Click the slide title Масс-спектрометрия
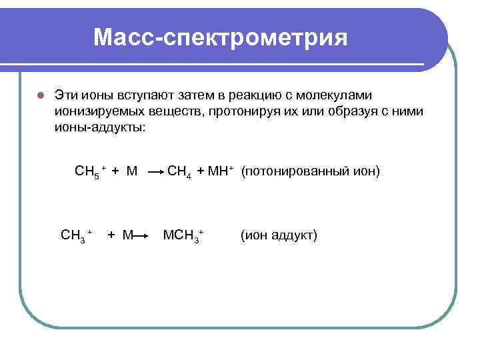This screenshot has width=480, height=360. point(221,37)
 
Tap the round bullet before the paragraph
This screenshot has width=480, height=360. point(40,95)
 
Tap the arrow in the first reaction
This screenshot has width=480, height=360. point(156,173)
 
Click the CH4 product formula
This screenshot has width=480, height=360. point(180,172)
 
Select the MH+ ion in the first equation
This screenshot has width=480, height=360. point(221,171)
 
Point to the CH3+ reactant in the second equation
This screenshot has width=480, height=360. point(75,235)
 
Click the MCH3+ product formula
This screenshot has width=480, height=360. point(183,235)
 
